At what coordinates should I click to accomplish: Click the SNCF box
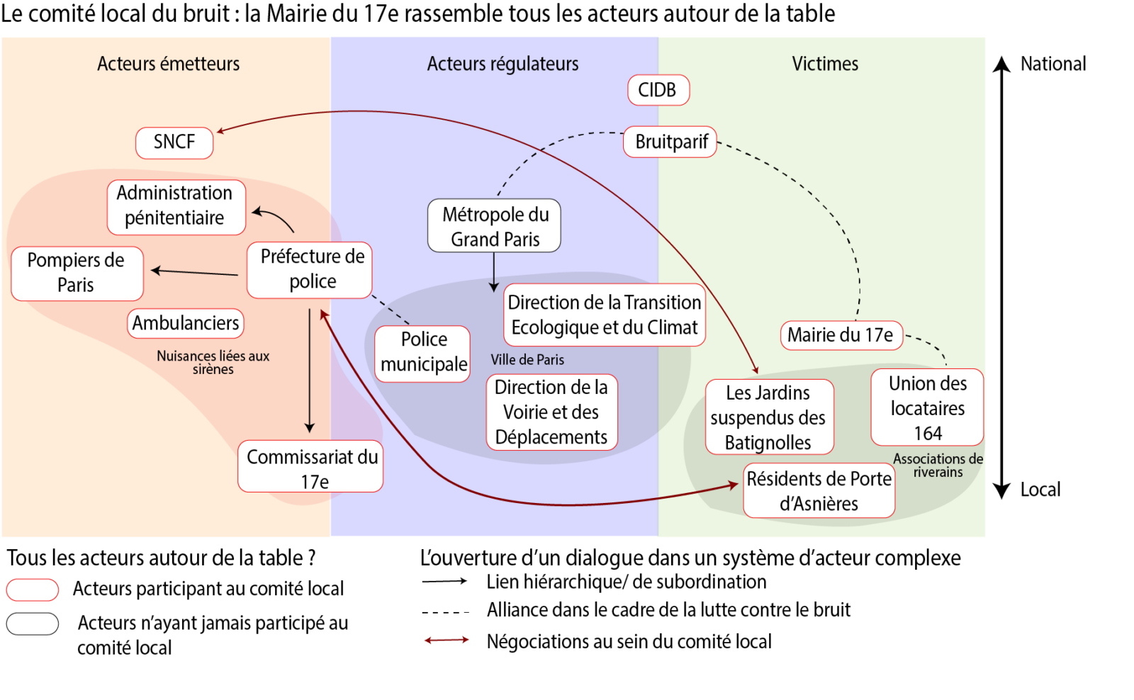point(174,142)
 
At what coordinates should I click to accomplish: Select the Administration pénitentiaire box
point(176,206)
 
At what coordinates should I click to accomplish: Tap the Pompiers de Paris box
point(77,273)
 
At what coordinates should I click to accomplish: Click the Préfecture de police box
point(310,269)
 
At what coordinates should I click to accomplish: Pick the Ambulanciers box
point(186,323)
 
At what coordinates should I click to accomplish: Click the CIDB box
point(658,90)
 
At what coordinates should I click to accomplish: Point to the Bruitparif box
point(670,142)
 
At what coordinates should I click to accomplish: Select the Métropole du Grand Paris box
point(494,226)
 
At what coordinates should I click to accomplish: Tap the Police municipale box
point(422,353)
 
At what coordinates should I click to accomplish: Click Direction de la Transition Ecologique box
point(604,315)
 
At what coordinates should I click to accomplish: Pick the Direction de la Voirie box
point(551,412)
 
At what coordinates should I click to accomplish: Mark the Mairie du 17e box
point(841,335)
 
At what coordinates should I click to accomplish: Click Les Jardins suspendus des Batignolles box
point(769,417)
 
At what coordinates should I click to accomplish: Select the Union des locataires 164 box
point(927,407)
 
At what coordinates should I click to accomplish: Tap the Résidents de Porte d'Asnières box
point(819,490)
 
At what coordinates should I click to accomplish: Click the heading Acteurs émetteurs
point(168,64)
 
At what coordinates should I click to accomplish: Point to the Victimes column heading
point(824,64)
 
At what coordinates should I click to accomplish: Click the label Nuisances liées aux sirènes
point(213,362)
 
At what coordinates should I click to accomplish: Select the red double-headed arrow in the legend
point(447,640)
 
